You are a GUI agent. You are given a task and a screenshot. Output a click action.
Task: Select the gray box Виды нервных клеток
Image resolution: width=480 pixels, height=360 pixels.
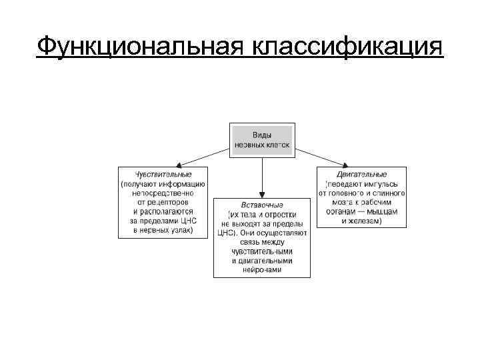pos(262,140)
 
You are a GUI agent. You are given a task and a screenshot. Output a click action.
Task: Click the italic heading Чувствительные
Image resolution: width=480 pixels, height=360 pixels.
pos(163,174)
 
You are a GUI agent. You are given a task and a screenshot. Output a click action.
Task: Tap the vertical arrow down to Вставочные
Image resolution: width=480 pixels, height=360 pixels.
pos(262,177)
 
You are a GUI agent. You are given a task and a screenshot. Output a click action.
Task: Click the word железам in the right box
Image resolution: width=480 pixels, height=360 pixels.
pos(366,220)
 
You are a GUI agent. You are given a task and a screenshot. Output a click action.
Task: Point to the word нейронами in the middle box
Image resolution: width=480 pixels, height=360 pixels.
pos(262,270)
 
